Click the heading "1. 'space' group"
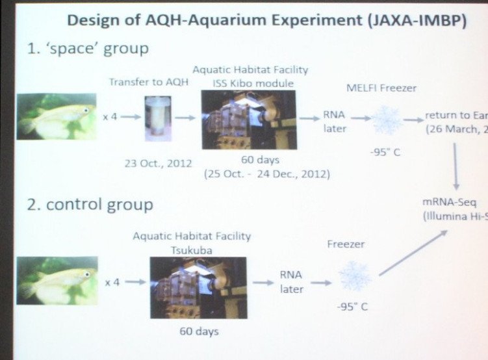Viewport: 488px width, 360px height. click(88, 49)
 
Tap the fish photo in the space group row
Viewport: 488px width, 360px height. click(57, 116)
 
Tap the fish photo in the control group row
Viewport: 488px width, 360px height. click(57, 281)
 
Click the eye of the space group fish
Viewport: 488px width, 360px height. click(85, 111)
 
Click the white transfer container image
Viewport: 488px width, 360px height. click(157, 118)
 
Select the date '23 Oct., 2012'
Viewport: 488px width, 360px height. click(158, 162)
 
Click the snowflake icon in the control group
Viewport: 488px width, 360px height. click(355, 275)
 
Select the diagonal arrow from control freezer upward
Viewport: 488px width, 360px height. click(413, 253)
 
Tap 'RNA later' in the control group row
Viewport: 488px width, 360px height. click(291, 281)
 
